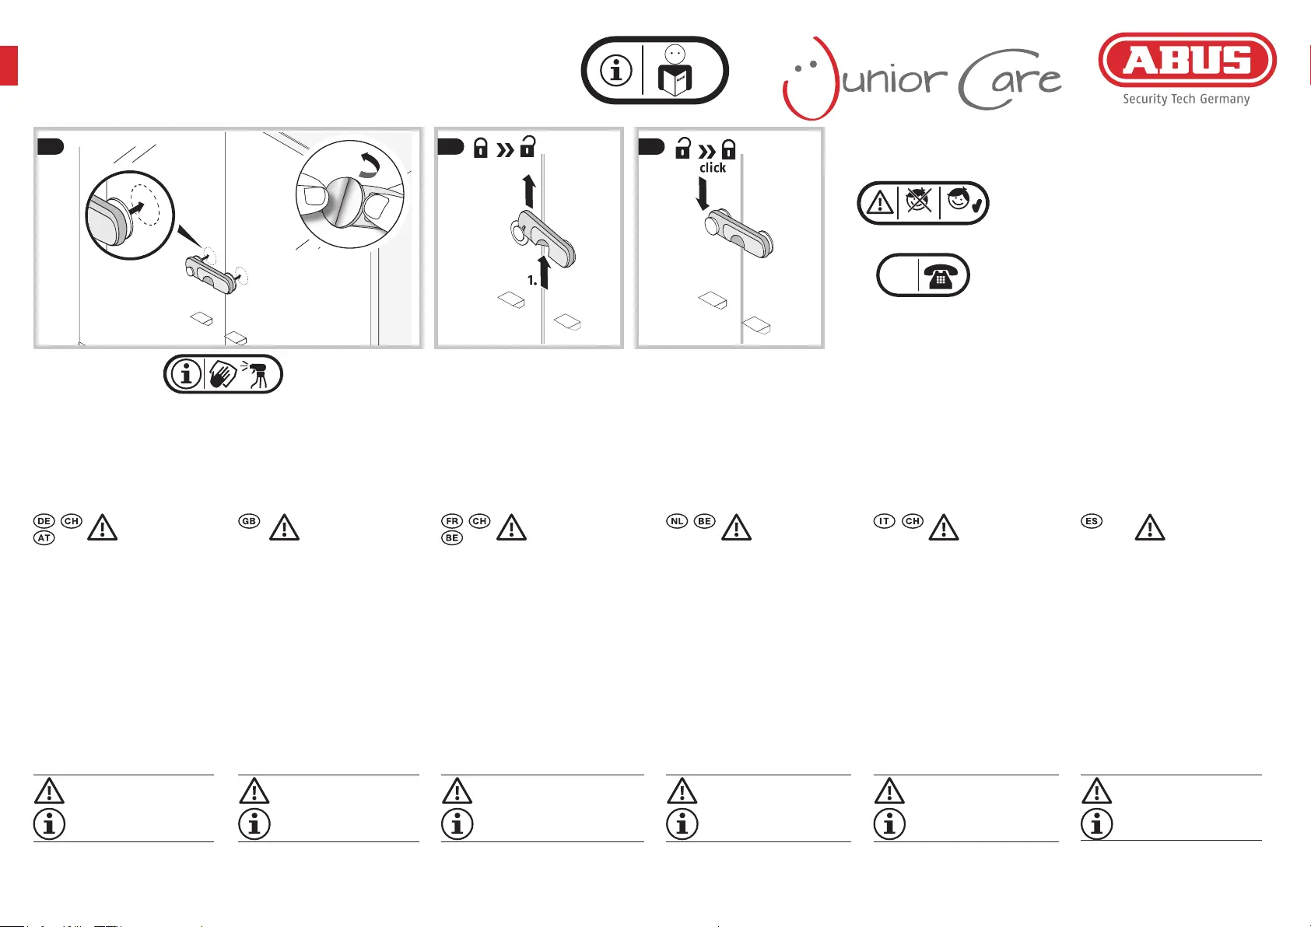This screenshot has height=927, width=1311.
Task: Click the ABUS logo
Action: [1187, 60]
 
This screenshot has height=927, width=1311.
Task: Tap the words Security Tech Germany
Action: [1186, 99]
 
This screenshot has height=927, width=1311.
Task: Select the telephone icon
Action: [940, 275]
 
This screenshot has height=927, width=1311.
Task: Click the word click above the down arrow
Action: [712, 168]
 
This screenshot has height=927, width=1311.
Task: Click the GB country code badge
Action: [249, 521]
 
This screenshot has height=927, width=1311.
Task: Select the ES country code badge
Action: [1092, 521]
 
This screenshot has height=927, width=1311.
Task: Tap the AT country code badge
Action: [44, 538]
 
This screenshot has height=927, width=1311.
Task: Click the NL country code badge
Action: [677, 521]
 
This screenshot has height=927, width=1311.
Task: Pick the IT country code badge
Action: [885, 521]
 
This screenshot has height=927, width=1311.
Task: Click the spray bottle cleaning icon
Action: [256, 374]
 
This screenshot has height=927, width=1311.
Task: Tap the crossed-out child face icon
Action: [918, 201]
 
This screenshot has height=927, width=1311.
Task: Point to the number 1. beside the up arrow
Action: [532, 281]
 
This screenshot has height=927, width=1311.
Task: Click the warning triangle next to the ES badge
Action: [1150, 527]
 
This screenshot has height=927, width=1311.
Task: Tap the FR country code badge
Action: [452, 521]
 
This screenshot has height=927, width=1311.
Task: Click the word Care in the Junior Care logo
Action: [1010, 79]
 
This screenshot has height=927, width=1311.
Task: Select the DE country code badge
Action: [44, 521]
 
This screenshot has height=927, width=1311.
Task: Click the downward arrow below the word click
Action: [703, 194]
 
